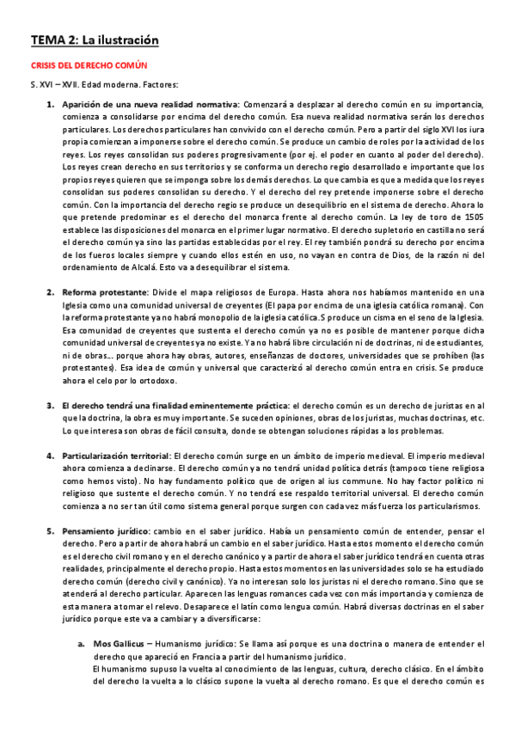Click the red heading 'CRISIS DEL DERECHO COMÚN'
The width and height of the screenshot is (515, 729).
coord(89,65)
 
